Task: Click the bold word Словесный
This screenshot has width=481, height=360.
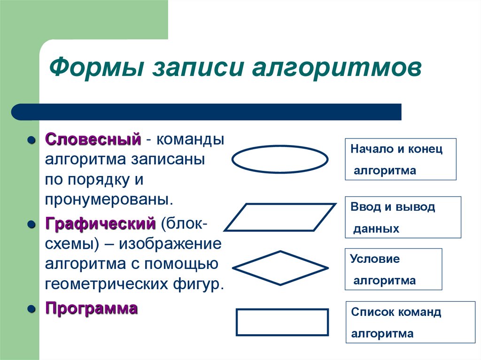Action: tap(93, 139)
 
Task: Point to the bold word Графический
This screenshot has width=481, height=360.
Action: tap(100, 223)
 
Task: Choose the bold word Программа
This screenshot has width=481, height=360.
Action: tap(91, 308)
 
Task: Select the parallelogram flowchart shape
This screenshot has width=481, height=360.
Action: tap(280, 217)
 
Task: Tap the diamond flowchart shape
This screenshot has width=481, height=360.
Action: tap(280, 268)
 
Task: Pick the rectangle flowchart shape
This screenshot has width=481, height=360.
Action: tap(281, 322)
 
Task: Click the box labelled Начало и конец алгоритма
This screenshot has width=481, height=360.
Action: tap(401, 159)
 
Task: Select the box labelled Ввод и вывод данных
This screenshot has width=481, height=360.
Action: tap(403, 217)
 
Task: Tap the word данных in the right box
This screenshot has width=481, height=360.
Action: tap(376, 229)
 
